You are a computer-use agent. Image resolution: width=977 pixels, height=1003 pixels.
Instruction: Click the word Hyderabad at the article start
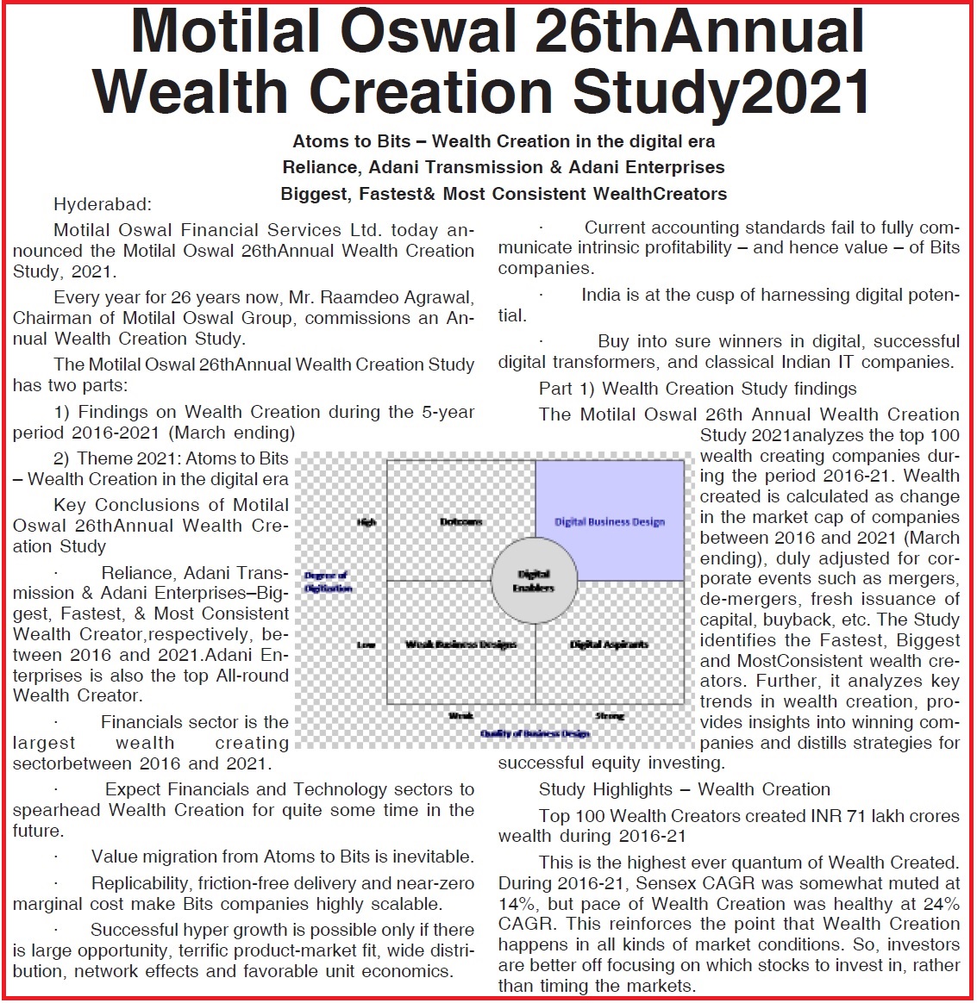[102, 205]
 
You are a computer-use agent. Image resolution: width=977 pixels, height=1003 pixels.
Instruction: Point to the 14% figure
[514, 904]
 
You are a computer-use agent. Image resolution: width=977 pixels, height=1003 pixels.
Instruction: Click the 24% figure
[941, 904]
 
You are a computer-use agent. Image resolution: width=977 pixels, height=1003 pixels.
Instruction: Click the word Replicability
[141, 883]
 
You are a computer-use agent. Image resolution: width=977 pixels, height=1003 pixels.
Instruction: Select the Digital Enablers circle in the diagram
[535, 580]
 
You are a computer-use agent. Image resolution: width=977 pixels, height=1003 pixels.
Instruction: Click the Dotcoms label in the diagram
[461, 522]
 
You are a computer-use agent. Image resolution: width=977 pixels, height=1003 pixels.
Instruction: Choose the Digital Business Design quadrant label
[610, 522]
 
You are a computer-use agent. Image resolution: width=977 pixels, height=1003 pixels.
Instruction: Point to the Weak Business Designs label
[460, 645]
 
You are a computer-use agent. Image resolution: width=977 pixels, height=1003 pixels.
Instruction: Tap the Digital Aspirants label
[609, 645]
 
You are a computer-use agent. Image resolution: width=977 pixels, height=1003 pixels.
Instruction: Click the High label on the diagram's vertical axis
[366, 522]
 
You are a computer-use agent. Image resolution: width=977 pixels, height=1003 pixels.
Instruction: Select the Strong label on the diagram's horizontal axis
[610, 715]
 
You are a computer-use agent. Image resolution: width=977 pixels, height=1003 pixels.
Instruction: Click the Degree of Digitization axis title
[328, 582]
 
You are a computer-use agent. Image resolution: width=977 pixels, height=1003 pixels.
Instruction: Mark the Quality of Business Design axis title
[535, 733]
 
